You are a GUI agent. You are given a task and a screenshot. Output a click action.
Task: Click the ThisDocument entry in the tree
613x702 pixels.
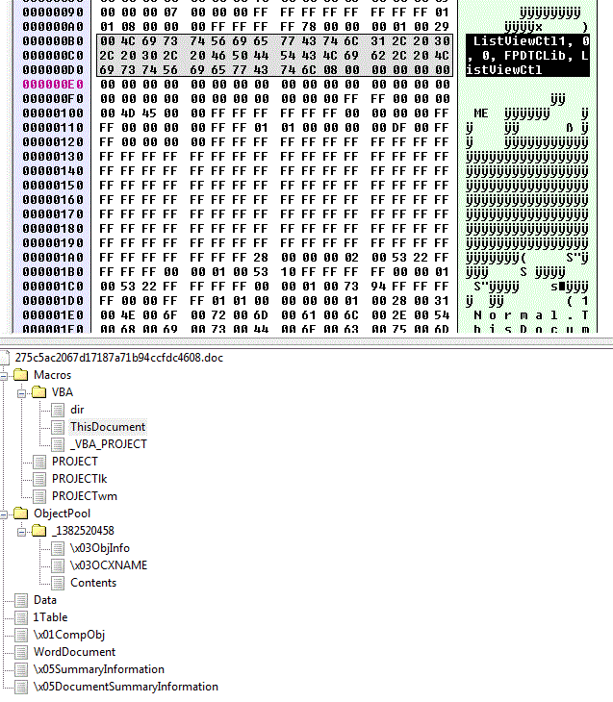tap(107, 426)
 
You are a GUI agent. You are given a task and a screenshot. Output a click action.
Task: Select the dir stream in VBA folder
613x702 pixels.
tap(77, 409)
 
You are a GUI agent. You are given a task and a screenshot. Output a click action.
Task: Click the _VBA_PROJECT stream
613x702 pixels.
tap(108, 443)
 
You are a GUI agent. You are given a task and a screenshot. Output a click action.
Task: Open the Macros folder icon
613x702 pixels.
tap(20, 374)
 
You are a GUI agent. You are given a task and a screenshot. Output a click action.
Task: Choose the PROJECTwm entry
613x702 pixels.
tap(84, 495)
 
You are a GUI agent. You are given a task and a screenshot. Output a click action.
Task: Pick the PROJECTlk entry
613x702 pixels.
tap(81, 478)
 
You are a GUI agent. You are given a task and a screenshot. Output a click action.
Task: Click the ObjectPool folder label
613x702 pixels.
tap(62, 513)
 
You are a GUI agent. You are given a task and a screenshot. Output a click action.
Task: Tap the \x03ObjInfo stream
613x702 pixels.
tap(99, 547)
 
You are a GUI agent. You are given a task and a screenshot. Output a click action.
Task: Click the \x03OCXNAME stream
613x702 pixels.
tap(108, 564)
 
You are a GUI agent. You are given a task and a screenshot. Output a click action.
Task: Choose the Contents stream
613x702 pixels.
tap(92, 582)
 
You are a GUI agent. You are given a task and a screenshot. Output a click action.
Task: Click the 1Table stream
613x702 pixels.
tap(50, 616)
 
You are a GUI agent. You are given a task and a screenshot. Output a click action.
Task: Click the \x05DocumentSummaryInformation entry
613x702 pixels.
tap(125, 686)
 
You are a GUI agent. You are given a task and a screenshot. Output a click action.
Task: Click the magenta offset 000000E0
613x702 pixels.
tap(34, 84)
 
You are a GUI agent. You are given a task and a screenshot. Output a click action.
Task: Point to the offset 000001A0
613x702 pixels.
tap(34, 257)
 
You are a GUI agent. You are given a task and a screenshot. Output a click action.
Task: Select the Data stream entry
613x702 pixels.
tap(44, 599)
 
